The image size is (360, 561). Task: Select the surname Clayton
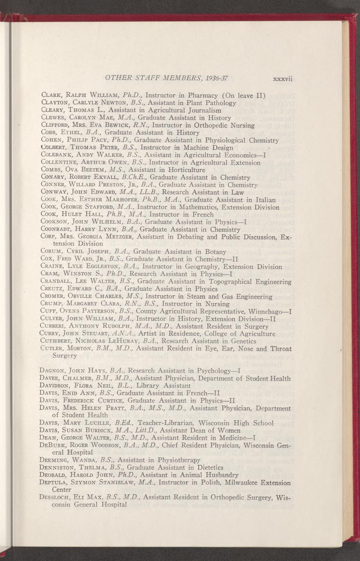tap(55, 103)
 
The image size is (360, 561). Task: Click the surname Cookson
tap(55, 222)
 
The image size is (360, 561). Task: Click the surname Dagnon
tap(54, 371)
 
